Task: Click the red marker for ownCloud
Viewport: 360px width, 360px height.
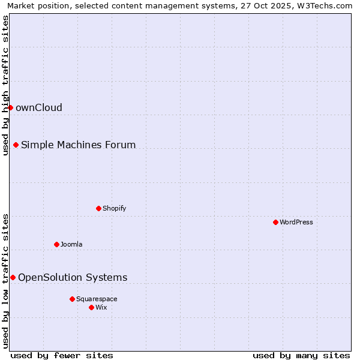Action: tap(10, 107)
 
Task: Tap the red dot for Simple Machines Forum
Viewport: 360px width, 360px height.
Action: tap(16, 145)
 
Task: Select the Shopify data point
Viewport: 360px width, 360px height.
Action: tap(98, 208)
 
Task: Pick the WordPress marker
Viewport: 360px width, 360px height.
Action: tap(275, 222)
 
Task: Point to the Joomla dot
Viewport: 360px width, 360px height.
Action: tap(56, 244)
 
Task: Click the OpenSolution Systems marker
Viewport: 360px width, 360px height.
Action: tap(13, 277)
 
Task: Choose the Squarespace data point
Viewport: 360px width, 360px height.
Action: tap(72, 299)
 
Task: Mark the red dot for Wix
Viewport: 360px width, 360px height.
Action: tap(91, 307)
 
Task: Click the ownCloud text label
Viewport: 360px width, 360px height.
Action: tap(39, 108)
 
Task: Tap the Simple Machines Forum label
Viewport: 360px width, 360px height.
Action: tap(78, 145)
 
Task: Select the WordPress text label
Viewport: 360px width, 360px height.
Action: tap(296, 223)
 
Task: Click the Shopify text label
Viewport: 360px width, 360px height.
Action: tap(114, 209)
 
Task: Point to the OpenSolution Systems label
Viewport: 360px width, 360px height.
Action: tap(73, 278)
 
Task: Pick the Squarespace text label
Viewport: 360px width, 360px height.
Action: tap(97, 299)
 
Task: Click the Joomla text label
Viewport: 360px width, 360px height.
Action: tap(71, 245)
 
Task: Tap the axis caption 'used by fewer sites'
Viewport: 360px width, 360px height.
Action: tap(62, 356)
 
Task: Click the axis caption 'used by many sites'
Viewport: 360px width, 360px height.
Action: tap(301, 356)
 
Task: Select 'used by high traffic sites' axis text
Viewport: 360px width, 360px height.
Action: tap(5, 85)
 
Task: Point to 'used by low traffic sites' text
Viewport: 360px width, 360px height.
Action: tap(5, 280)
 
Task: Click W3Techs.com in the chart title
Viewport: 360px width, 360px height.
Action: tap(326, 5)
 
